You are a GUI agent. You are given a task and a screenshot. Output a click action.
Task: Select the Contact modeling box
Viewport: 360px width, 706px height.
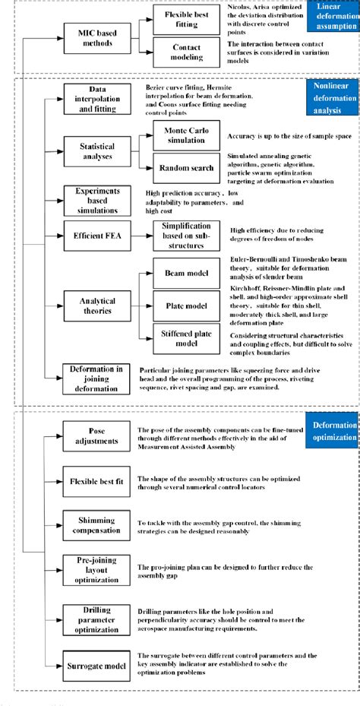186,52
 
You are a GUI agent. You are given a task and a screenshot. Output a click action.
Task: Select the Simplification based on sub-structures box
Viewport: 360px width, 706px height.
186,237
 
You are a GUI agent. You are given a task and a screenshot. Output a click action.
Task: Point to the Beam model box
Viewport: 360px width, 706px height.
186,272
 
